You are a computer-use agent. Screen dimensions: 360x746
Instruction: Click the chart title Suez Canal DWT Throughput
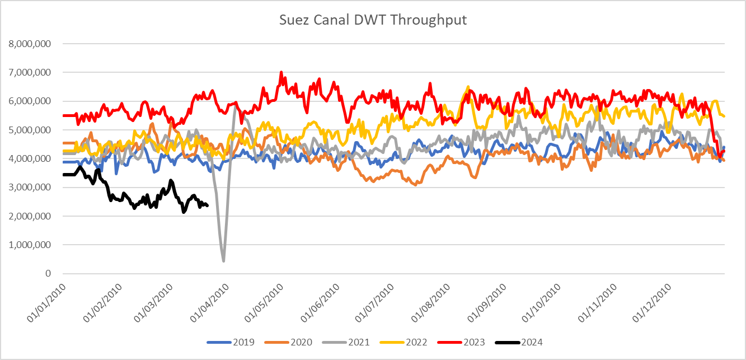click(373, 21)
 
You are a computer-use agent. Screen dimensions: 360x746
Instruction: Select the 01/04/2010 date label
click(209, 302)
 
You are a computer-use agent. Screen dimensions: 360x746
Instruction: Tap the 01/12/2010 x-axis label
click(653, 302)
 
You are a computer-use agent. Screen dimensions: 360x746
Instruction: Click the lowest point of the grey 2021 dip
click(224, 261)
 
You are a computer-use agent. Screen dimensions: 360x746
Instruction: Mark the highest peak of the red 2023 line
click(281, 72)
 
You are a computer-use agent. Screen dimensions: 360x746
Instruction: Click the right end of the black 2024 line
click(208, 206)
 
